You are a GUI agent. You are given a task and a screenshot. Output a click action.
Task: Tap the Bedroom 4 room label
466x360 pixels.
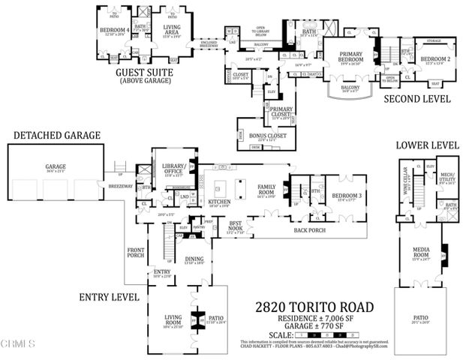click(113, 31)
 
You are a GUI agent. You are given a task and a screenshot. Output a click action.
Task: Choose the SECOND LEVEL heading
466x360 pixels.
click(417, 98)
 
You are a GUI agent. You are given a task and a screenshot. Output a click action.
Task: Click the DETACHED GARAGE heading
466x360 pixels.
click(56, 135)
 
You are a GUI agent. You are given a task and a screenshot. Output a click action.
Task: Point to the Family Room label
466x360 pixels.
click(266, 187)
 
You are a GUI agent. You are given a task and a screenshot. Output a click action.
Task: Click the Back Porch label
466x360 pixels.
click(310, 230)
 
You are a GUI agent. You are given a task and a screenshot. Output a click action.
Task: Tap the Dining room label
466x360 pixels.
click(194, 259)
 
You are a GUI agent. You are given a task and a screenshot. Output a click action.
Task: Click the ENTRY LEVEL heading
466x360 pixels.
click(109, 297)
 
